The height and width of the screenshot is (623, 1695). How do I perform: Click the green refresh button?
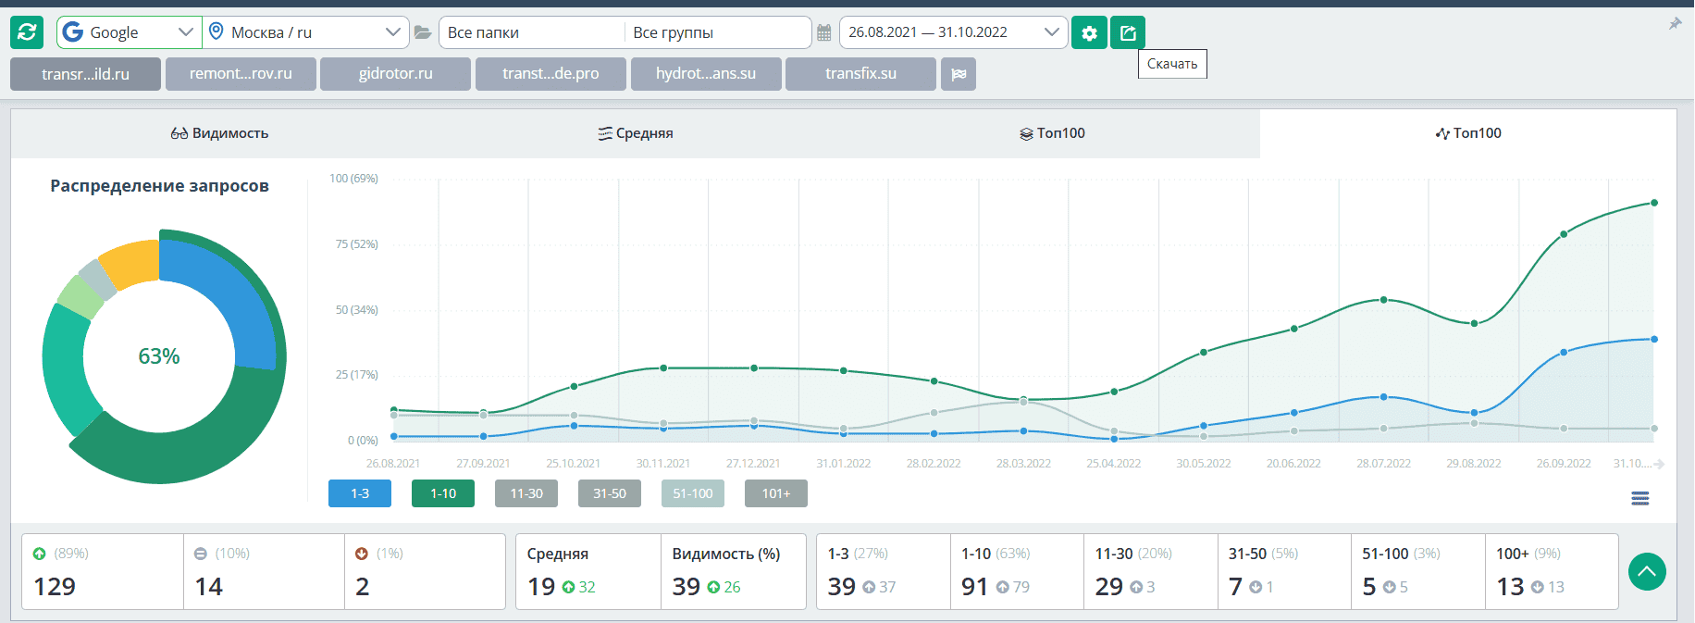(27, 32)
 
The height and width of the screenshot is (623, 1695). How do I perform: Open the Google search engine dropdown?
(129, 32)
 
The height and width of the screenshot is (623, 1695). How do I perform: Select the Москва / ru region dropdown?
(305, 32)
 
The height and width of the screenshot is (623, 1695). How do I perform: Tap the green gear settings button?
(1089, 33)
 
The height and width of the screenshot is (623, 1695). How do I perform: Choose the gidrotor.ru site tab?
(395, 74)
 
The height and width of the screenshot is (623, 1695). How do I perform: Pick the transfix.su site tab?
(860, 74)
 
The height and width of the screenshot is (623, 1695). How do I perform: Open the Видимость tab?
(219, 133)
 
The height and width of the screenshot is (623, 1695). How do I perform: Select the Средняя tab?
(636, 133)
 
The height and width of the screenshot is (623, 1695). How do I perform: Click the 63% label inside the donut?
(159, 356)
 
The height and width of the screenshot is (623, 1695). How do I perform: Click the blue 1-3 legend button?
(360, 493)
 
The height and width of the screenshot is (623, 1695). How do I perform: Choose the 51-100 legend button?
(693, 493)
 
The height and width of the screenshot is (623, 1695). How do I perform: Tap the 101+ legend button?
(776, 493)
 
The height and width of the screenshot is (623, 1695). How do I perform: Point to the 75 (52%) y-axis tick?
(356, 244)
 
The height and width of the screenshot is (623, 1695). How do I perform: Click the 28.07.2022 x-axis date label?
(1383, 464)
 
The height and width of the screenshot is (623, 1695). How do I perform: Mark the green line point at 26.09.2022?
(1564, 234)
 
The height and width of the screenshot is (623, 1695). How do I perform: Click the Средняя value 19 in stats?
(541, 587)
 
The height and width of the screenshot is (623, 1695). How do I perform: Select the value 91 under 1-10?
(974, 587)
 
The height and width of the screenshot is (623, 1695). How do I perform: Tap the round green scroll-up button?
(1647, 572)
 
